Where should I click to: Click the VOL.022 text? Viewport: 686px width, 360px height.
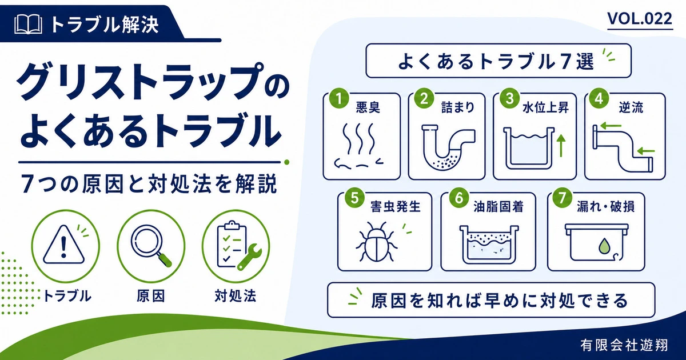(x=640, y=19)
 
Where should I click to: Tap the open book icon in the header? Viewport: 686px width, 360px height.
(x=28, y=25)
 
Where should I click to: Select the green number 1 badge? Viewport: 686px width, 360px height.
(x=338, y=98)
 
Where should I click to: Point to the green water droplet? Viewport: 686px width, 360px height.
(x=605, y=246)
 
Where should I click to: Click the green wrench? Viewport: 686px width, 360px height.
(x=250, y=257)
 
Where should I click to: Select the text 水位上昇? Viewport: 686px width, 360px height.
(x=545, y=108)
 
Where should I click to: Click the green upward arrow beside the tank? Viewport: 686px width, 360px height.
(x=561, y=146)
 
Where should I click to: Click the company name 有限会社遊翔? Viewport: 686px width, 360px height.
(x=624, y=345)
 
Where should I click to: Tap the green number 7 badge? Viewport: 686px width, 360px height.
(x=562, y=198)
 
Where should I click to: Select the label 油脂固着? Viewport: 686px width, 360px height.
(x=498, y=207)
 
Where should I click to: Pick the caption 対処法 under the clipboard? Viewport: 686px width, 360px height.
(x=235, y=297)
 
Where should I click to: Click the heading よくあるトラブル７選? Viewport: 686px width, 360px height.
(x=496, y=61)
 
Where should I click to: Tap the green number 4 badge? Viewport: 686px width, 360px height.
(x=599, y=98)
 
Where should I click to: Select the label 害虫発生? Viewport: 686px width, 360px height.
(x=395, y=207)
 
